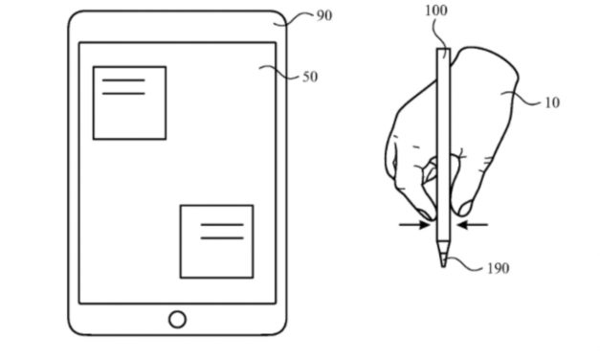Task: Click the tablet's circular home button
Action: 177,319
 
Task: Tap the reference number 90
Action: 324,16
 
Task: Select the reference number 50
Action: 310,77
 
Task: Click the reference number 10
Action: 551,102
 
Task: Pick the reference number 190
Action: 499,269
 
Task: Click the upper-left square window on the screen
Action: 129,102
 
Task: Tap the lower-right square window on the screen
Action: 217,240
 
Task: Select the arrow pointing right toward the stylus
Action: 415,225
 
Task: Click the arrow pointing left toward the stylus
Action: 472,225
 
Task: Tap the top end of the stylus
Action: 443,51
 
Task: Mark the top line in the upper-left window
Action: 123,80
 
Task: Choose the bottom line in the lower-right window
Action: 222,236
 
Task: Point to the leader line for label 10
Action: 526,96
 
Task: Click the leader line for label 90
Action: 300,15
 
